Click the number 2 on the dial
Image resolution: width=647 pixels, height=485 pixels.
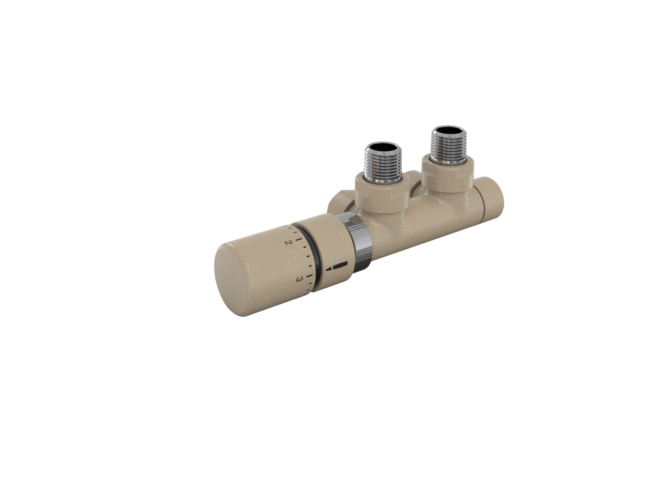point(288,242)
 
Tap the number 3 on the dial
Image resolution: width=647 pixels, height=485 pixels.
point(299,279)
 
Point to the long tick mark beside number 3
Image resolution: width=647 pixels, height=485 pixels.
point(310,276)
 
